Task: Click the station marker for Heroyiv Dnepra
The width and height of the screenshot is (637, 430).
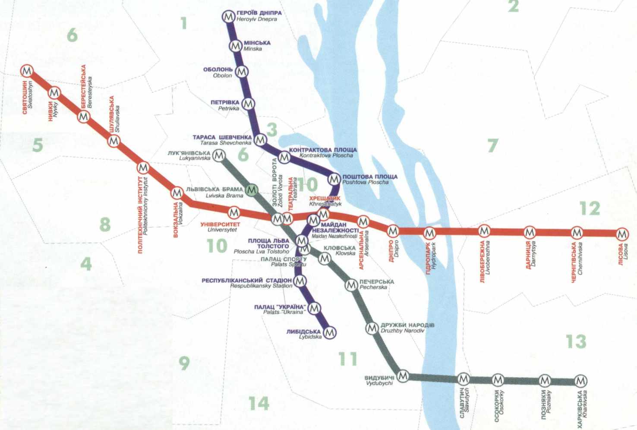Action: [x=228, y=17]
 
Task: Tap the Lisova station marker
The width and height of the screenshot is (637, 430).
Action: [x=622, y=234]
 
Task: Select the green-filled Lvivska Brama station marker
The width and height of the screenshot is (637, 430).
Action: [x=252, y=190]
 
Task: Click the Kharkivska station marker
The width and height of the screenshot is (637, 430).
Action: [x=581, y=381]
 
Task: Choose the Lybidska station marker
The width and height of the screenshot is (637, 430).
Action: [x=330, y=332]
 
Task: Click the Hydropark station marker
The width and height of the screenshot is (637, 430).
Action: [x=429, y=234]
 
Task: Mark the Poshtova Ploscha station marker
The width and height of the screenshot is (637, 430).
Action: [x=334, y=178]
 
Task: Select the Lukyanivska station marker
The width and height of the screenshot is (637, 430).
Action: [x=219, y=155]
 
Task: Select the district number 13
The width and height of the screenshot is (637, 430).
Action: [x=576, y=341]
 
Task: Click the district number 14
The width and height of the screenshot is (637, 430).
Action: [x=259, y=403]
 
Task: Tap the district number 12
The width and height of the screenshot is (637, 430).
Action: [x=590, y=209]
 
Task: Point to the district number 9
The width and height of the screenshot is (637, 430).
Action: [x=184, y=363]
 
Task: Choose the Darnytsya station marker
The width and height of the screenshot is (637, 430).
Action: [x=530, y=233]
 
